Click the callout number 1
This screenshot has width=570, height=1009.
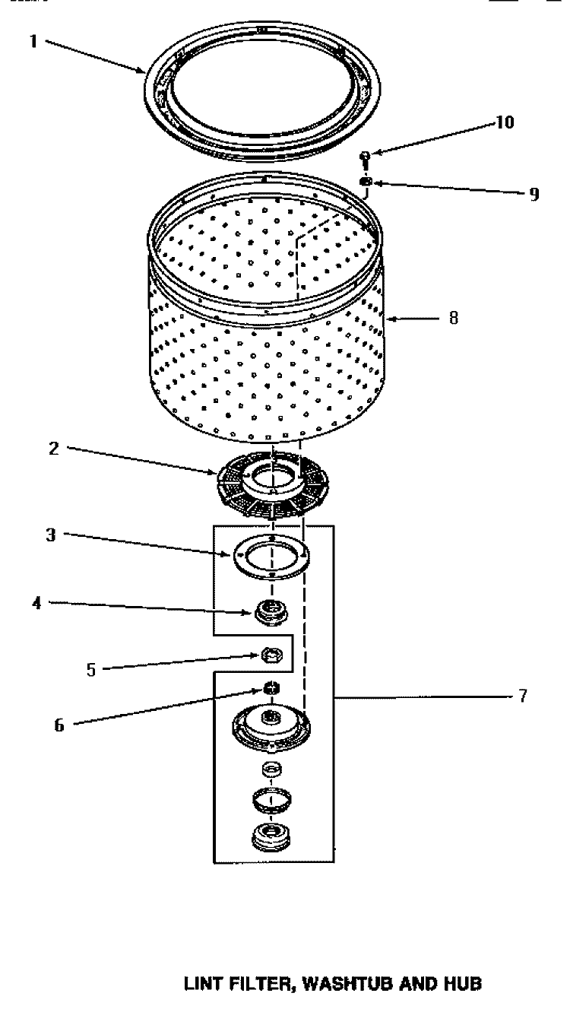(x=33, y=43)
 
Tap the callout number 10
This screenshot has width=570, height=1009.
(x=505, y=123)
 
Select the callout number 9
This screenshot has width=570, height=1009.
(x=534, y=194)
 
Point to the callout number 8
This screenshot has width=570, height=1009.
(x=453, y=319)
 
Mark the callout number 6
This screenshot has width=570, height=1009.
(x=59, y=725)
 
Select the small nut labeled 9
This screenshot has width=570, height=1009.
(x=366, y=182)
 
